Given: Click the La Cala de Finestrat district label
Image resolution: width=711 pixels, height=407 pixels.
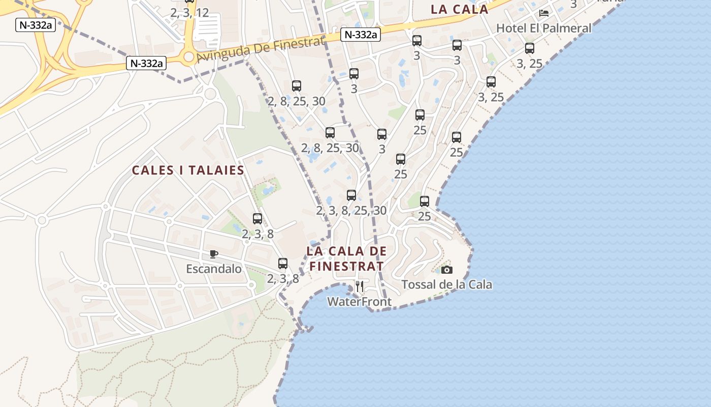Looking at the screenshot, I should point(346,258).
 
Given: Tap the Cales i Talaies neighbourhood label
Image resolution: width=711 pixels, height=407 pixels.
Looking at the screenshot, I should point(188,170).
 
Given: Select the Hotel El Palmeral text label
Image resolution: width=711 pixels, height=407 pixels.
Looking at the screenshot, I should point(543,28).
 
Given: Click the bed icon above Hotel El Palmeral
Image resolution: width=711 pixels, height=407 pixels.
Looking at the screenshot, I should point(544,13).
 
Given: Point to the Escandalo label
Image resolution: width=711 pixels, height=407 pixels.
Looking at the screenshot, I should point(214,269).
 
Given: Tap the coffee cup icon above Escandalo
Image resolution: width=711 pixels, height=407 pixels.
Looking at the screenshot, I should point(214,254).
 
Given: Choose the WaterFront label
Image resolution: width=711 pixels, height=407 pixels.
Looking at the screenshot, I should point(359,302).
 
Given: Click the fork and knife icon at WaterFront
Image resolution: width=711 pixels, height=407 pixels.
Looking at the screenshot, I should point(360,286).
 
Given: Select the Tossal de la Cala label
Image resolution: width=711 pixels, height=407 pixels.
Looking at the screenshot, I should point(446,284).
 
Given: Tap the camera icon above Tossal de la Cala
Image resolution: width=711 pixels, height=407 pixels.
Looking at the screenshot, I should point(447,270).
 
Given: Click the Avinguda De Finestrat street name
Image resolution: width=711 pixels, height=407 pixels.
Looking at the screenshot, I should point(260,49).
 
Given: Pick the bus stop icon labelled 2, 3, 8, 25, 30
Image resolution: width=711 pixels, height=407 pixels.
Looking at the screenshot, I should point(351,195).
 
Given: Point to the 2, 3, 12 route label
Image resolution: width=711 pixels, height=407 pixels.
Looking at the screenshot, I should point(189,13).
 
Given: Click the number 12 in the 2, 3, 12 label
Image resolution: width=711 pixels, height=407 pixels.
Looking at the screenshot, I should point(202,13).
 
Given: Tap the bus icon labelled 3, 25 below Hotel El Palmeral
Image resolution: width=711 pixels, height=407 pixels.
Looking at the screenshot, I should point(530,49).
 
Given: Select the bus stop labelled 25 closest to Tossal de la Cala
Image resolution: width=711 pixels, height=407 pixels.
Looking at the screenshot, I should point(425,201).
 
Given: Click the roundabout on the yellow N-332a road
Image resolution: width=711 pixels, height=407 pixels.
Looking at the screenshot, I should point(189,56).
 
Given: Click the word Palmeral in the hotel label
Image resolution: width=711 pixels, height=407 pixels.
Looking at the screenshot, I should point(568,28).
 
